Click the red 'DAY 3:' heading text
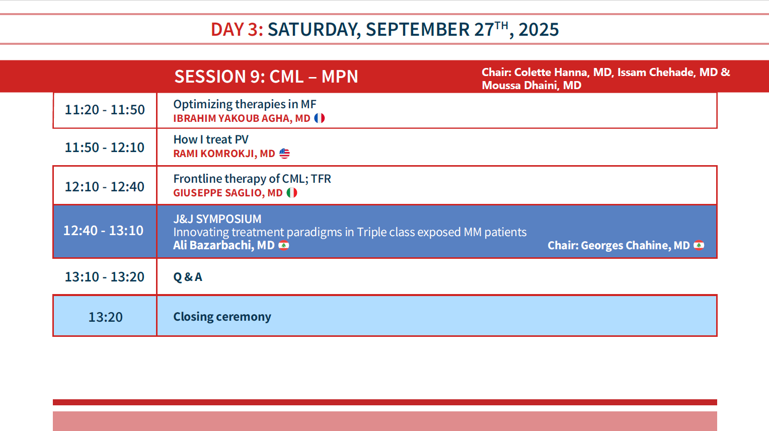[x=237, y=30]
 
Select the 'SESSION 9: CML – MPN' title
[x=266, y=76]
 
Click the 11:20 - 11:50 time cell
[x=105, y=110]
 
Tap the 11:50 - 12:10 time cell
[x=105, y=148]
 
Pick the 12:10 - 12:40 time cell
[x=105, y=186]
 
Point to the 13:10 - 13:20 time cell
[x=105, y=277]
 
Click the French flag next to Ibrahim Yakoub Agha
[x=319, y=118]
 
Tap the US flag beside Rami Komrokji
[x=284, y=154]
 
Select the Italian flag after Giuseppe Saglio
[x=292, y=193]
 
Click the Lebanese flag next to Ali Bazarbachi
[x=283, y=245]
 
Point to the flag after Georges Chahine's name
[x=699, y=245]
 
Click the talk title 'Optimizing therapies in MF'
[x=245, y=104]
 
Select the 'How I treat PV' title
[x=211, y=139]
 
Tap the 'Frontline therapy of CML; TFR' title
[x=252, y=179]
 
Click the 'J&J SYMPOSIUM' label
[x=217, y=219]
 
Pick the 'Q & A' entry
[x=188, y=277]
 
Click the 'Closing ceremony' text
[x=222, y=317]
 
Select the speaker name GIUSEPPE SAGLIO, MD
[x=228, y=193]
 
